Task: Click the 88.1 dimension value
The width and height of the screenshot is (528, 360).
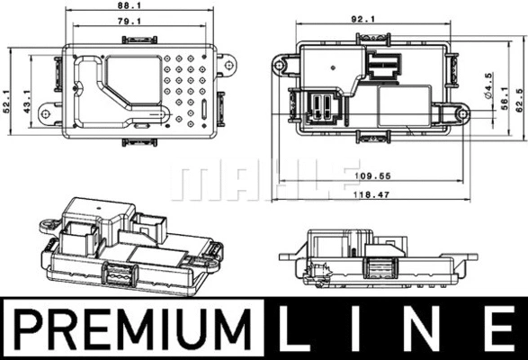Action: click(130, 5)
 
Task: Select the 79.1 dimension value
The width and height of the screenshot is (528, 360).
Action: click(130, 22)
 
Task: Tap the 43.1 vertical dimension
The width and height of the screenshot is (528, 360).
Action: click(27, 101)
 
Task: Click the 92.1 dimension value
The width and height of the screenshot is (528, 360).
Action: click(363, 19)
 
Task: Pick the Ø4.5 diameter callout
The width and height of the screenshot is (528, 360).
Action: click(488, 85)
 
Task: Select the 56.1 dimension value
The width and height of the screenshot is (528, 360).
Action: click(505, 98)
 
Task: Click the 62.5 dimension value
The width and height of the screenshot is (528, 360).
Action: click(520, 100)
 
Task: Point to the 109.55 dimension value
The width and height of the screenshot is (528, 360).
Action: click(372, 175)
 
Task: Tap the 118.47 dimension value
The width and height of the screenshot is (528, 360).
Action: click(371, 194)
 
